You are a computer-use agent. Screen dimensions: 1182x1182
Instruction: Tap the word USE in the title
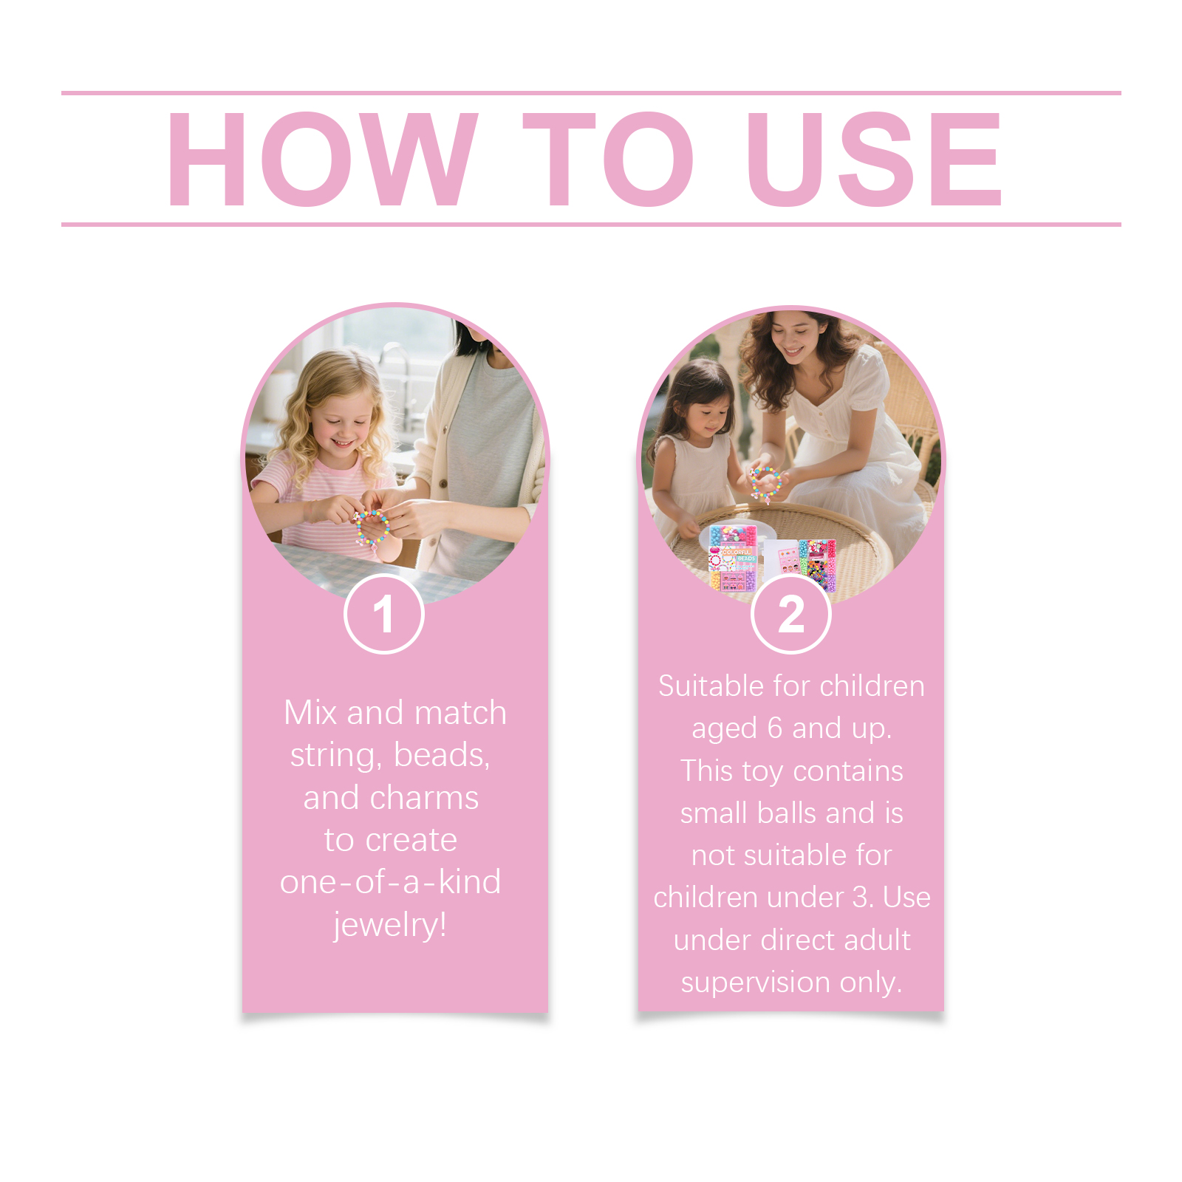point(875,159)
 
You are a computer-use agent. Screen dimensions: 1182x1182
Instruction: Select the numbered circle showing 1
point(384,614)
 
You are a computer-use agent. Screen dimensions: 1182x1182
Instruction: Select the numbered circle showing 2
point(791,614)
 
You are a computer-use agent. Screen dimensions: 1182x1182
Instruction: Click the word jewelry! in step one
point(390,925)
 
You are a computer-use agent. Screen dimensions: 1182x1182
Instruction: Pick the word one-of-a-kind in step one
point(390,882)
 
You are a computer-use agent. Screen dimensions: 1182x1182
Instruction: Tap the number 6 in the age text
point(774,728)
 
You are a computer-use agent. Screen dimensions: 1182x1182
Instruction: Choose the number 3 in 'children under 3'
point(860,898)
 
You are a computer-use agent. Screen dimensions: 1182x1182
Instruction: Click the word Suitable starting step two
point(712,686)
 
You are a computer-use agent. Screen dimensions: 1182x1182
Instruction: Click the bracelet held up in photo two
point(766,483)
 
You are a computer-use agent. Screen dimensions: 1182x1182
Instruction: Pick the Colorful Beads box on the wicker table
point(732,558)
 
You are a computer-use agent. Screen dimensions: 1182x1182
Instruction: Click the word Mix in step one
point(310,713)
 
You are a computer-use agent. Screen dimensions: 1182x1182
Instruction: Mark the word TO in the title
point(607,159)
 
